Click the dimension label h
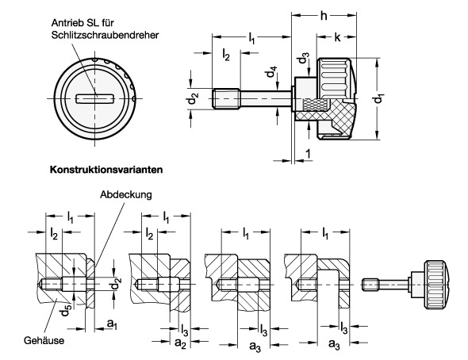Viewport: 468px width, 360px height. point(324,16)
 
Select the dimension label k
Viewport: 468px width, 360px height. point(337,37)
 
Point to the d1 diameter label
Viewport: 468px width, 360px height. point(379,98)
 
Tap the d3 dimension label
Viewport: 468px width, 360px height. point(304,58)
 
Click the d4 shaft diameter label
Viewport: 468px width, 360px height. point(272,71)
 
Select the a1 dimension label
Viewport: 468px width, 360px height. point(112,324)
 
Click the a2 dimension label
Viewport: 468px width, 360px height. point(180,343)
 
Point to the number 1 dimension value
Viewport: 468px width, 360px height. point(308,154)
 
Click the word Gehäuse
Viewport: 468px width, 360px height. point(44,340)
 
